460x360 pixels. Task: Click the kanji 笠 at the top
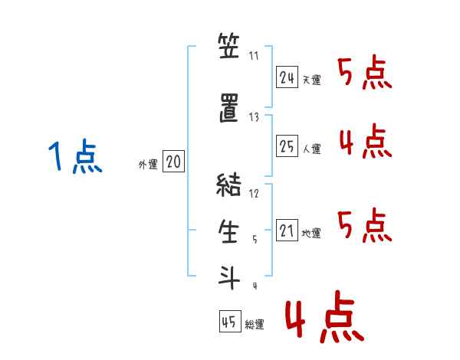[228, 45]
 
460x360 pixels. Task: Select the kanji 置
[229, 108]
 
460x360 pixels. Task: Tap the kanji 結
[228, 185]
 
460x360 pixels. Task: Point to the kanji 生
[228, 231]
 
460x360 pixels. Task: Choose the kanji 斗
[228, 277]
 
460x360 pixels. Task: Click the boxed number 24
[287, 77]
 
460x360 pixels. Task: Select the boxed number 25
[287, 146]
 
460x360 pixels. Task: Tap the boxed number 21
[287, 230]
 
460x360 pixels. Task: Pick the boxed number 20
[173, 161]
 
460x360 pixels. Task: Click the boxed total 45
[230, 321]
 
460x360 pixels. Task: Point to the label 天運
[311, 80]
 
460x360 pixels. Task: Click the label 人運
[312, 149]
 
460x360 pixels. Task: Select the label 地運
[311, 234]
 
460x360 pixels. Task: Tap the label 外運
[148, 165]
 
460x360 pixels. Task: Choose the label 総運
[255, 325]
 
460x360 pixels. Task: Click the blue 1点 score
[75, 156]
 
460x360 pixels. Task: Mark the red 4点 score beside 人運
[366, 141]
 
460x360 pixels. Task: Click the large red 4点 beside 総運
[325, 316]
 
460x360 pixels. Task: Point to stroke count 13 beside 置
[254, 117]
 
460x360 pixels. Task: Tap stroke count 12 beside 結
[254, 193]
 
